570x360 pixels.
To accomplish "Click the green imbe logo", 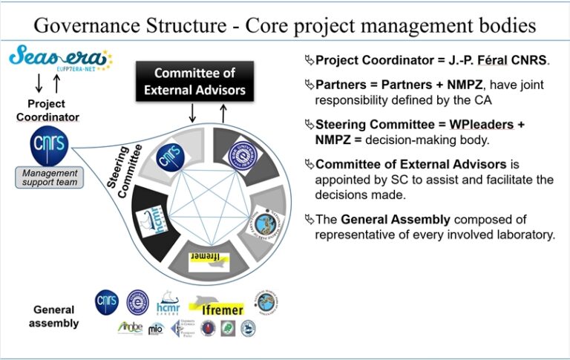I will click(x=131, y=327).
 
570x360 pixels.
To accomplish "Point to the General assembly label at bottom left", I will click(x=55, y=315).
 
